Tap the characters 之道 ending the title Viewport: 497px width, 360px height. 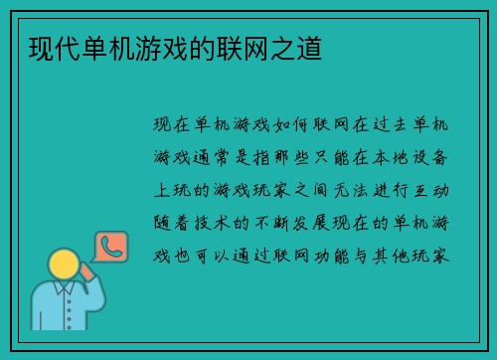299,46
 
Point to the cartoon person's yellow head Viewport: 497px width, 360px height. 65,264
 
